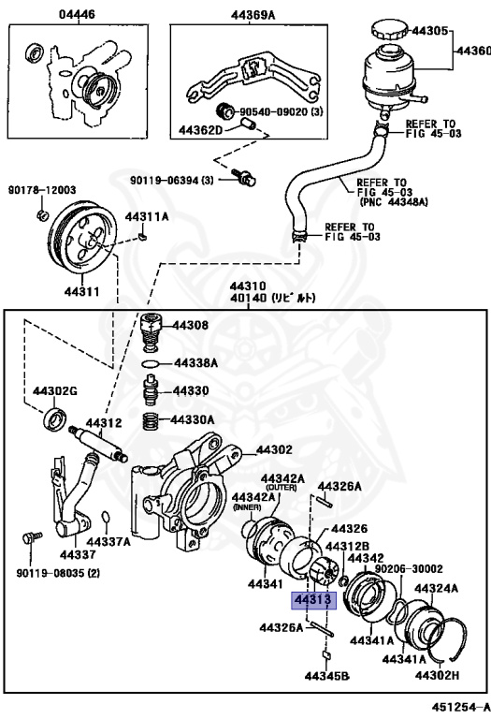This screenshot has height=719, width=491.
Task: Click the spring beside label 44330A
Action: [150, 420]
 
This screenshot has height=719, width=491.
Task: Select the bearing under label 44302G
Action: [56, 418]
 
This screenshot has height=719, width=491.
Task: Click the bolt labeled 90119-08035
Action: [32, 538]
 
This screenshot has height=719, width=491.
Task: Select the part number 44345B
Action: [326, 674]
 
